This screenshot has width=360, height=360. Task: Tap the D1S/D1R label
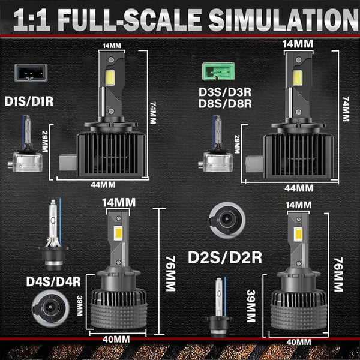(29, 101)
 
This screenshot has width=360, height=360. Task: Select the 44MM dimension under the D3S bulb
(299, 188)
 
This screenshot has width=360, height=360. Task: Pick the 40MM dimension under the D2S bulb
(298, 342)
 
